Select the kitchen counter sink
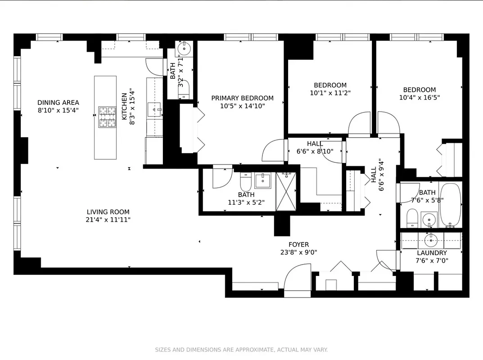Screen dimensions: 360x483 [x=154, y=109]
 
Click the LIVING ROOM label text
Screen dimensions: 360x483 [x=108, y=212]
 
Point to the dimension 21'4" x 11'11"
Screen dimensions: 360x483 [x=108, y=220]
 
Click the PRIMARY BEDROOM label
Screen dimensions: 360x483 [x=242, y=98]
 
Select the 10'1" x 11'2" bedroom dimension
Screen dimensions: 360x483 [x=330, y=93]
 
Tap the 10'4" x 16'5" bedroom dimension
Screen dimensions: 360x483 [x=419, y=97]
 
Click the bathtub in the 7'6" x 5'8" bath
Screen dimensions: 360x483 [x=450, y=205]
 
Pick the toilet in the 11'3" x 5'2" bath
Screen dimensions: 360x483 [x=246, y=182]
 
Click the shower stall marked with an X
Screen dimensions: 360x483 [x=287, y=191]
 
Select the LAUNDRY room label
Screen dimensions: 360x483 [x=432, y=253]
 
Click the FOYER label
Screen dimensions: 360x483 [x=298, y=245]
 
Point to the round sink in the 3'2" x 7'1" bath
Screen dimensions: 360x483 [x=185, y=48]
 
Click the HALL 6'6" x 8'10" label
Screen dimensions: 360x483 [x=315, y=148]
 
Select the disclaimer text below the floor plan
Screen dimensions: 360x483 [x=241, y=350]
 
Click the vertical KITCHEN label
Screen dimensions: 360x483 [x=124, y=106]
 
